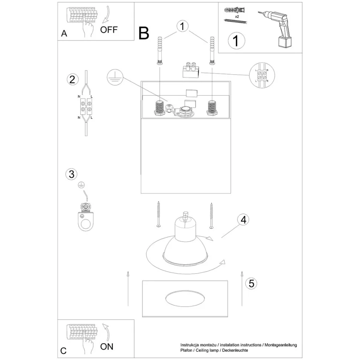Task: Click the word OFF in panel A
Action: click(109, 30)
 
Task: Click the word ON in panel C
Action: click(107, 346)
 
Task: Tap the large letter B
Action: click(144, 33)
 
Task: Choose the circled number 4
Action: click(243, 220)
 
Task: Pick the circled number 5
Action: click(251, 284)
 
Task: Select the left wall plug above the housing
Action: click(160, 51)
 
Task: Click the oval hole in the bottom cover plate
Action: click(184, 299)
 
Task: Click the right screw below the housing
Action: click(211, 215)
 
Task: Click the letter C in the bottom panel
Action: click(63, 350)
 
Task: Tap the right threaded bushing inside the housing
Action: click(212, 108)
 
